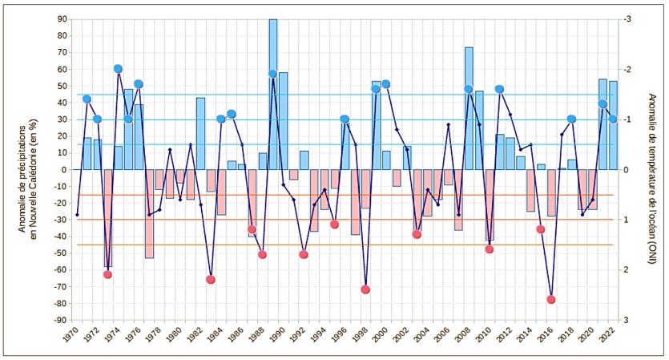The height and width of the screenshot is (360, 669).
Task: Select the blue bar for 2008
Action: [469, 108]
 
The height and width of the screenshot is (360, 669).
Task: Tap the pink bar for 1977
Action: [149, 213]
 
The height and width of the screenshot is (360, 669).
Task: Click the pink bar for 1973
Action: [108, 217]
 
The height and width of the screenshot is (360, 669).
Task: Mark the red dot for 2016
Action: [551, 299]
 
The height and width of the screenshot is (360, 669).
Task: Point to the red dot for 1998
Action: [365, 289]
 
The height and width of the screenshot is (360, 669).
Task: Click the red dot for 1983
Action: [211, 279]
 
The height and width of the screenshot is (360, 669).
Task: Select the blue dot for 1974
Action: [118, 69]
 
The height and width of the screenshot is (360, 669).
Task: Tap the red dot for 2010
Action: [489, 249]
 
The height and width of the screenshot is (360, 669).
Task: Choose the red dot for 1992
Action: [304, 254]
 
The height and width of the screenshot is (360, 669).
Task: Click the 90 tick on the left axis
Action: [61, 19]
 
